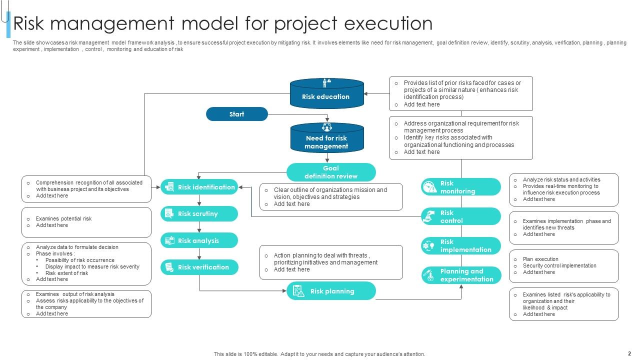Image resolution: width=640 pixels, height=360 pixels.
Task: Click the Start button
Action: coord(237,114)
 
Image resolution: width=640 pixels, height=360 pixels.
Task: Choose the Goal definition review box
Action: coord(331,172)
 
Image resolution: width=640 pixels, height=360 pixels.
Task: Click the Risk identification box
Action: coord(199,187)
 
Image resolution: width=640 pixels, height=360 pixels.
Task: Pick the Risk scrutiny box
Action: coord(199,213)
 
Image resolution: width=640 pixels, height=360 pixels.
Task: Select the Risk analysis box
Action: coord(199,240)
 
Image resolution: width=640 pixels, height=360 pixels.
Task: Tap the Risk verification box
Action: coord(199,267)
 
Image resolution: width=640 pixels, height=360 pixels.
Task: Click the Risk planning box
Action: coord(331,291)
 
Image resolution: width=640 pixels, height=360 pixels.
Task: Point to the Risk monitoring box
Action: coord(460,187)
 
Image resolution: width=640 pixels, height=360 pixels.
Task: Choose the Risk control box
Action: coord(460,216)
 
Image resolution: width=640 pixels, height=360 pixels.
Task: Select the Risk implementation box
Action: coord(460,245)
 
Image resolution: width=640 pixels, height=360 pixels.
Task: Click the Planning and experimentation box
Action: coord(460,275)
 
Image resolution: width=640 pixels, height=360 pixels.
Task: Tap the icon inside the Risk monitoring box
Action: coord(429,187)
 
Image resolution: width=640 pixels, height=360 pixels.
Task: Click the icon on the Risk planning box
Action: coord(298,291)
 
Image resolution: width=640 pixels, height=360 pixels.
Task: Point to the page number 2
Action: coord(629,353)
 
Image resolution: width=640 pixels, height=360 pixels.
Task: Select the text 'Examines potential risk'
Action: coord(63,218)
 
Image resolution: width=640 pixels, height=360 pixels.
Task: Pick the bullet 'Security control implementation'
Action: coord(559,265)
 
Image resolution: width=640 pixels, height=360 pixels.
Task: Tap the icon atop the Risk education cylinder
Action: coord(326,82)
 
